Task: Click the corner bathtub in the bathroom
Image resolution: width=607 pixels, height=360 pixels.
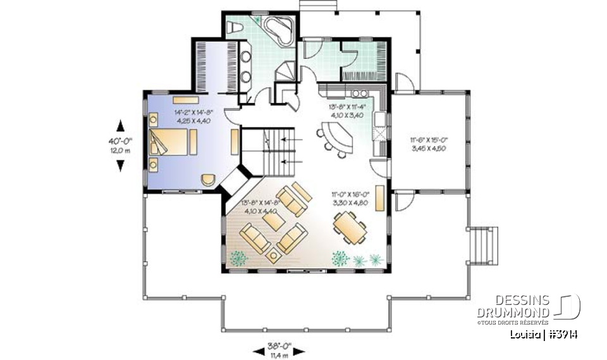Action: coord(278,29)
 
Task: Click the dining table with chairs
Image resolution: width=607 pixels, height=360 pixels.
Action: coord(348,227)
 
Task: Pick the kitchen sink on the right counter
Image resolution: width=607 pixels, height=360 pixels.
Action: coord(380,134)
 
